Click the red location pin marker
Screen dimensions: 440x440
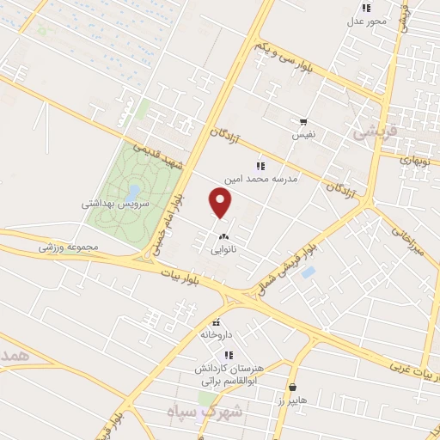click(221, 203)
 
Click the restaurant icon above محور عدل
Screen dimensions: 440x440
click(366, 8)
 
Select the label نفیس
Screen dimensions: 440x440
click(304, 135)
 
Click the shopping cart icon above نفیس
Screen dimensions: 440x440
click(303, 122)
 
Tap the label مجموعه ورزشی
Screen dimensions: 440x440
click(69, 247)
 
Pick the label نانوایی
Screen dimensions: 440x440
click(224, 251)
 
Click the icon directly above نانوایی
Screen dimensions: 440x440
click(224, 237)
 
